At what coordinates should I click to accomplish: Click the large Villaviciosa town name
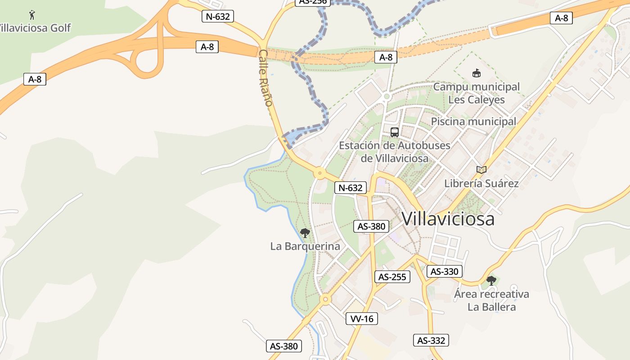coord(448,219)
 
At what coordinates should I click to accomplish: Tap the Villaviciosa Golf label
coord(35,28)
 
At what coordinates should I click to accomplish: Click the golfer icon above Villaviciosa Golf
coord(31,15)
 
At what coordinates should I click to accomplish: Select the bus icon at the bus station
coord(395,132)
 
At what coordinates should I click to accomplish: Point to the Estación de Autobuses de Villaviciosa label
coord(395,152)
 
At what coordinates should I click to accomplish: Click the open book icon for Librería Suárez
coord(481,170)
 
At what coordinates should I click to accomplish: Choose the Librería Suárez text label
coord(481,184)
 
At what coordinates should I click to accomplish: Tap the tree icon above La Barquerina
coord(305,233)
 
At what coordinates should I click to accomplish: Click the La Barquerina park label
coord(305,247)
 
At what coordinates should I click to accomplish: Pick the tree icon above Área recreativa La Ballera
coord(491,281)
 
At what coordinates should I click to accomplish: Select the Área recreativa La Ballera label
coord(491,301)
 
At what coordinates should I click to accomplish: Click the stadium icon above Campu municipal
coord(476,73)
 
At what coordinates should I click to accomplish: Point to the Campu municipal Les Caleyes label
coord(477,93)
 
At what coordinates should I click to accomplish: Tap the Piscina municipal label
coord(474,121)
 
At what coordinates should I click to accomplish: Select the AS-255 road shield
coord(392,277)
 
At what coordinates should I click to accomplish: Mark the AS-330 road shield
coord(445,271)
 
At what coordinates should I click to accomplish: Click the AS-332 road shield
coord(431,341)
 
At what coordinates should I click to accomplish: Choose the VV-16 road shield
coord(362,319)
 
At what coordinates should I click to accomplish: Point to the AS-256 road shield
coord(313,2)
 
